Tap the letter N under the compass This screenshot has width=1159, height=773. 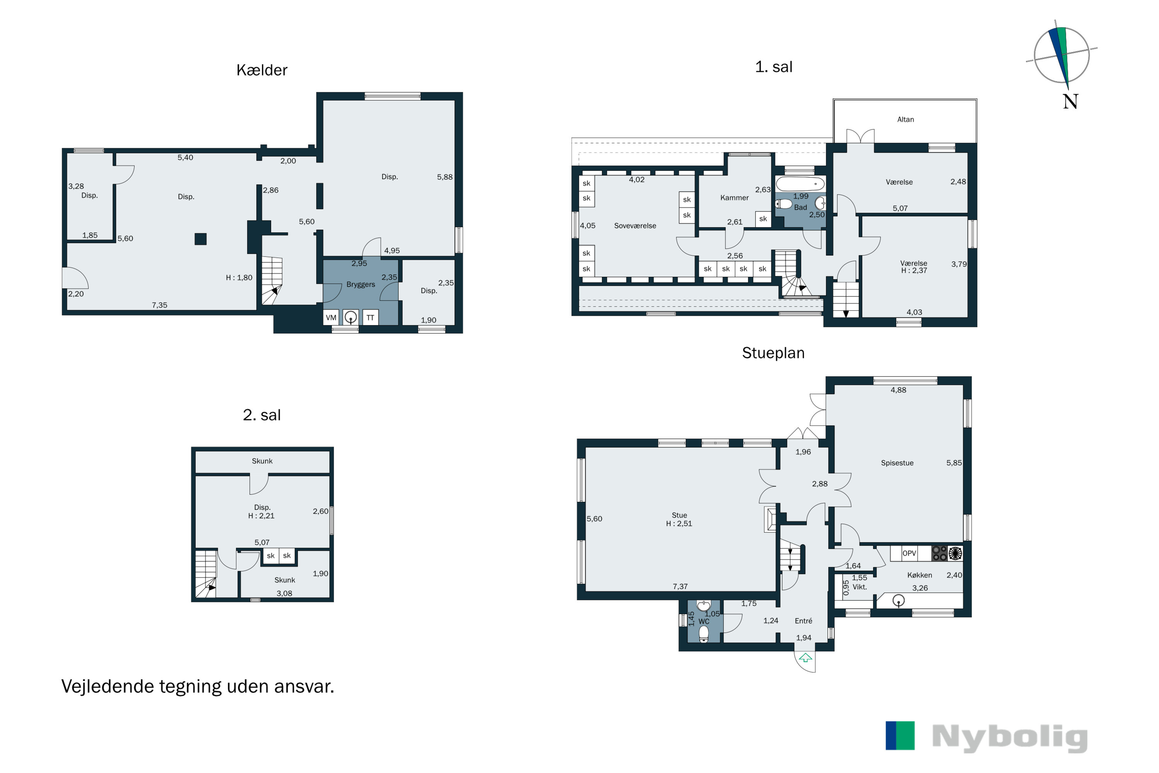coord(1070,102)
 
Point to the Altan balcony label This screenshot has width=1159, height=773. coord(905,119)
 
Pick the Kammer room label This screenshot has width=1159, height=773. coord(734,198)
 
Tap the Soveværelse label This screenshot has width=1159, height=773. coord(635,226)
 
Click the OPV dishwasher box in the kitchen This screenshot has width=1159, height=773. coord(909,553)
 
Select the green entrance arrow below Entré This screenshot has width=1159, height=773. coord(805,657)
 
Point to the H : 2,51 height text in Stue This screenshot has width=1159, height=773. coord(679,524)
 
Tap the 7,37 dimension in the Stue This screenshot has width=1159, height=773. coord(680,586)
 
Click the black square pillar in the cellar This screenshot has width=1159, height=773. coord(201,239)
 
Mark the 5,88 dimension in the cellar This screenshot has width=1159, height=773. coord(445,177)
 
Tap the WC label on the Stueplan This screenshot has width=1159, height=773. coord(704,621)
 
